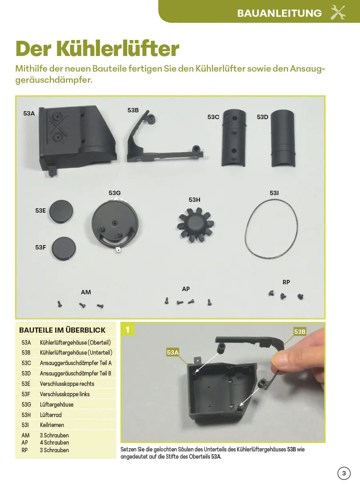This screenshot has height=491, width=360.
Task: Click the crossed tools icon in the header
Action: coord(338,12)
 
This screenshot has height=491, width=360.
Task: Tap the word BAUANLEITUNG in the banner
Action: coord(279,13)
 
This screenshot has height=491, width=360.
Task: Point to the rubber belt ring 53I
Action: coord(272,229)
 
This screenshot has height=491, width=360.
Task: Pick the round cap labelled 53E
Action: coord(62,211)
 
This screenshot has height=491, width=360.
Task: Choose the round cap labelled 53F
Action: coord(64,248)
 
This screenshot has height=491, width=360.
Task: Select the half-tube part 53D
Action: coord(283,138)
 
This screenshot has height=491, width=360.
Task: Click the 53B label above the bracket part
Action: coord(133,110)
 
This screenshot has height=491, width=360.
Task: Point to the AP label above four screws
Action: coord(186,289)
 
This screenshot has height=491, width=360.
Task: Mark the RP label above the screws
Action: coord(286,282)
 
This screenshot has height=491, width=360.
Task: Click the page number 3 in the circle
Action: coord(344,473)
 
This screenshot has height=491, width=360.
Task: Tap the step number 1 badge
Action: coord(128,329)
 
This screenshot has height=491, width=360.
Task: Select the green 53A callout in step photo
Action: coord(173,352)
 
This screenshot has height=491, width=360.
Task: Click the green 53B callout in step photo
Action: coord(300,331)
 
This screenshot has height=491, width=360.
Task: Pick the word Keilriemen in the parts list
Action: coord(52,425)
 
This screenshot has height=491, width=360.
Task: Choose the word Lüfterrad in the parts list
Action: coord(51,415)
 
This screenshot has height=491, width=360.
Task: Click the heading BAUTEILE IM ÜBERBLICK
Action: coord(62,330)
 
